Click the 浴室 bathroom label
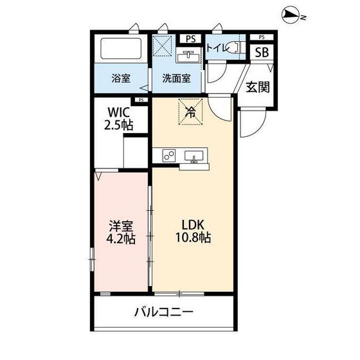(121, 78)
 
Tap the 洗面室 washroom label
(175, 78)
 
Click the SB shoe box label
(262, 53)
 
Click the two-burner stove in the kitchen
(168, 156)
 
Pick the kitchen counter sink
(194, 156)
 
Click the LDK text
(191, 225)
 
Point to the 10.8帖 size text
(191, 239)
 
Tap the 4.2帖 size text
(120, 239)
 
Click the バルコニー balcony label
(163, 312)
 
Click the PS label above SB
(262, 37)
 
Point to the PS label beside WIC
(141, 100)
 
